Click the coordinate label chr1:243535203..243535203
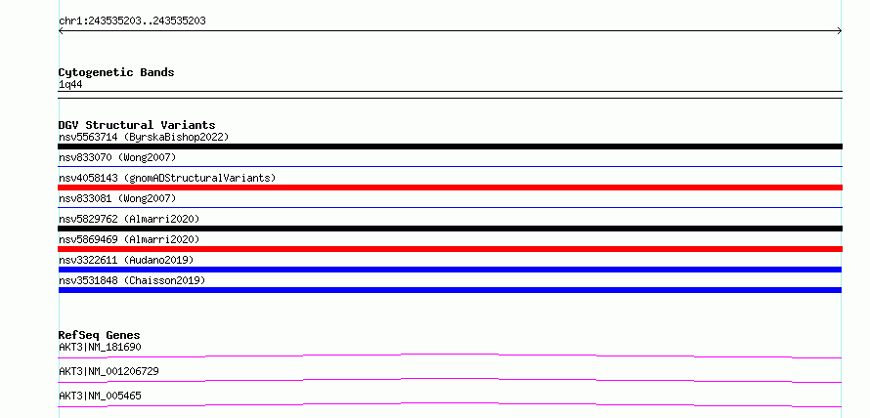(x=132, y=21)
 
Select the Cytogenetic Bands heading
(x=116, y=72)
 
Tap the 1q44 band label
(x=71, y=85)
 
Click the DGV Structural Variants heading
(x=137, y=125)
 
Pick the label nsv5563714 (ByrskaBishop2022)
(x=144, y=137)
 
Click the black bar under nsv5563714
(x=450, y=146)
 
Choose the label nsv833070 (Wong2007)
(x=117, y=157)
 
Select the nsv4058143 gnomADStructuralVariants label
(x=167, y=178)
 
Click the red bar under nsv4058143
(x=450, y=188)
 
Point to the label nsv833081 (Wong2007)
(x=117, y=198)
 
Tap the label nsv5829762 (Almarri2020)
(x=129, y=219)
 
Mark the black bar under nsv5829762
(x=450, y=229)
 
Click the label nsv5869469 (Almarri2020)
(x=129, y=239)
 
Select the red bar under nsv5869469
(x=450, y=249)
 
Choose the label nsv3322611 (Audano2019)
(x=126, y=260)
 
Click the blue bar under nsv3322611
(x=450, y=270)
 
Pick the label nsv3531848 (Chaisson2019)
(x=132, y=280)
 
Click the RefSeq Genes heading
(x=100, y=335)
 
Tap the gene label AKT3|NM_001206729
(x=109, y=371)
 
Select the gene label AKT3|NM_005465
(x=100, y=396)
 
